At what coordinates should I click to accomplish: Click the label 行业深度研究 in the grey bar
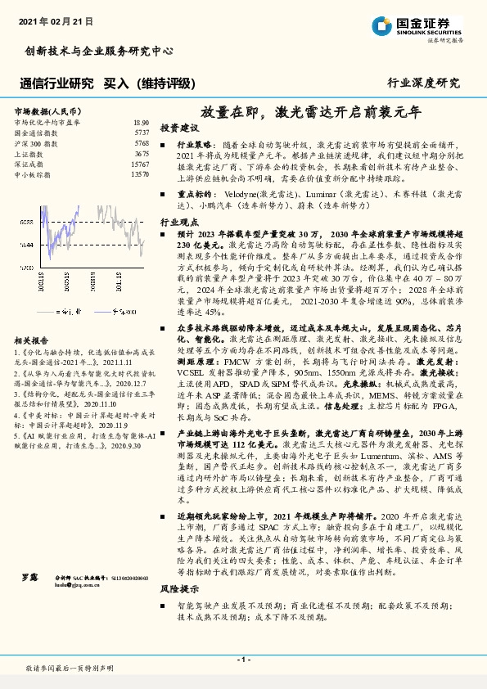point(423,83)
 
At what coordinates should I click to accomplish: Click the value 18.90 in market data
point(141,121)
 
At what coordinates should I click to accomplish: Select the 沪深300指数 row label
point(34,142)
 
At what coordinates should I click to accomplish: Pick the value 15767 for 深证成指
point(139,164)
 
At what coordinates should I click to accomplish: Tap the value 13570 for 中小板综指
point(139,174)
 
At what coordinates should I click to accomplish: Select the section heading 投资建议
point(179,128)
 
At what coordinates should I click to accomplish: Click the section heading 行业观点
point(179,222)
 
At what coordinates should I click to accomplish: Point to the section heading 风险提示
point(179,588)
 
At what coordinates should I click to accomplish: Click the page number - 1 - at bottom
point(243,658)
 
